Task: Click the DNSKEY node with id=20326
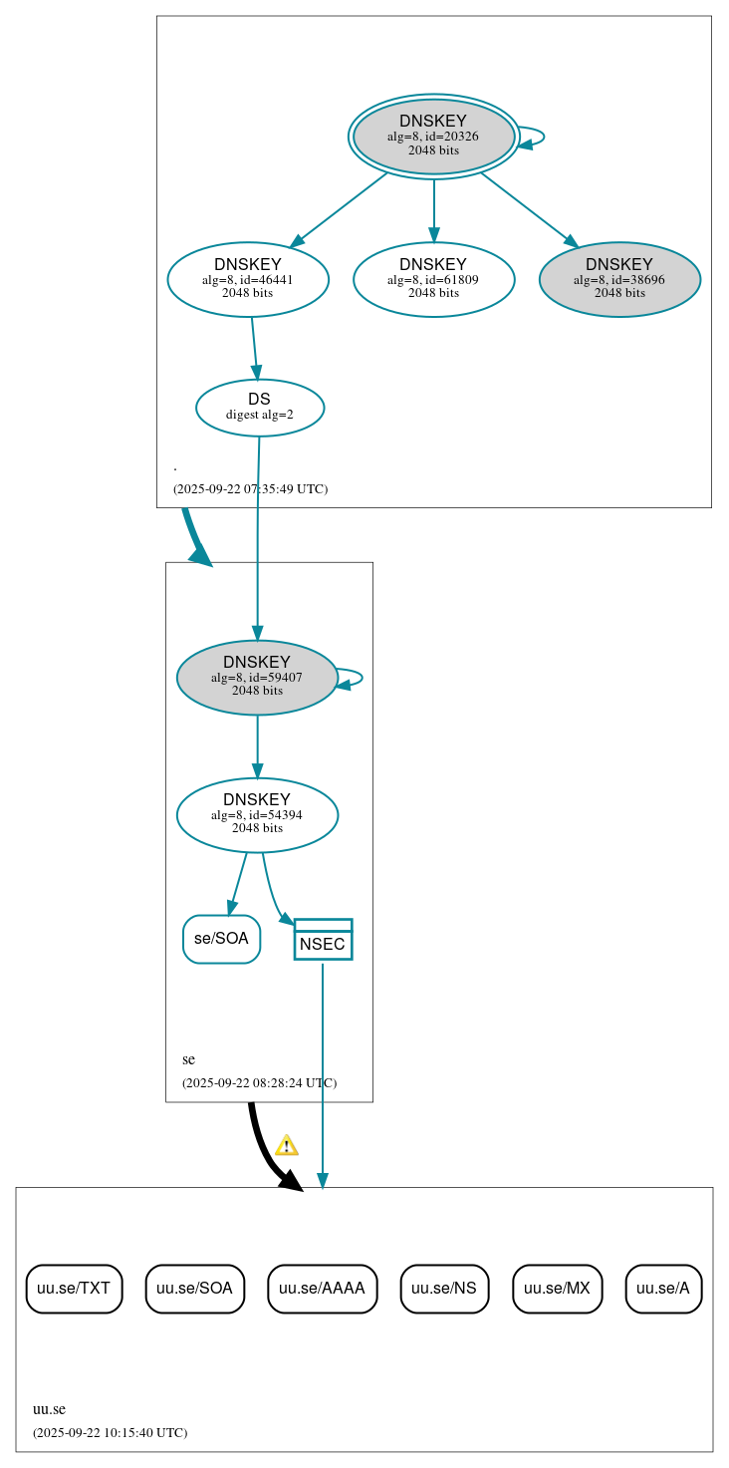tap(433, 136)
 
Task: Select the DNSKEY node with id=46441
tap(248, 279)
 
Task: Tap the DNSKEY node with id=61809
tap(433, 279)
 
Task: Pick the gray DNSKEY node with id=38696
tap(619, 279)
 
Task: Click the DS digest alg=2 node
tap(259, 407)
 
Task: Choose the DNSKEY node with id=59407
tap(257, 677)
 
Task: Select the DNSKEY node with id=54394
tap(257, 814)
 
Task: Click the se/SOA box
tap(221, 939)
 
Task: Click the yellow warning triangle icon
tap(287, 1145)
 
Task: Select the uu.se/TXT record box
tap(74, 1289)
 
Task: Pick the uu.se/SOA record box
tap(194, 1289)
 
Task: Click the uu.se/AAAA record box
tap(322, 1289)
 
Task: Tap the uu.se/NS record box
tap(444, 1289)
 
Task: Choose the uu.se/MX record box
tap(557, 1289)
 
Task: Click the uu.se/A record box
tap(663, 1289)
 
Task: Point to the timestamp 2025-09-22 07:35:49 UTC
tap(250, 489)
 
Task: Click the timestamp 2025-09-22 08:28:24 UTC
tap(259, 1083)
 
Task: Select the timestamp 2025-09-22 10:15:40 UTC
tap(110, 1433)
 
